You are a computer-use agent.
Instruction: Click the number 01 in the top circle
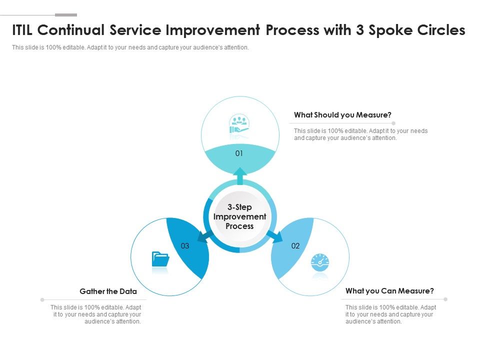[x=239, y=153]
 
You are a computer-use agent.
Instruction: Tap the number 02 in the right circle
[x=295, y=245]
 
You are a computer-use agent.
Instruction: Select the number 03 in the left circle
[x=185, y=245]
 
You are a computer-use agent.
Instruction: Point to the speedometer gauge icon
[x=320, y=262]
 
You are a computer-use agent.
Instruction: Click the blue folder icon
[x=160, y=259]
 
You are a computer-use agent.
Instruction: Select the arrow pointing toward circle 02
[x=273, y=235]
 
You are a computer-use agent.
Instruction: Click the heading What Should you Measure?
[x=342, y=115]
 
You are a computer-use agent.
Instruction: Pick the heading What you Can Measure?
[x=389, y=291]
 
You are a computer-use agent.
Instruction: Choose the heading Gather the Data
[x=108, y=291]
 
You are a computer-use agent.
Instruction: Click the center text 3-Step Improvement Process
[x=239, y=216]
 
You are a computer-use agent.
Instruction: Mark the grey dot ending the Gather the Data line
[x=42, y=300]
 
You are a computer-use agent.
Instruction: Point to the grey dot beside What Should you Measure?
[x=394, y=123]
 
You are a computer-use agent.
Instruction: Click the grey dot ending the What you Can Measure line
[x=445, y=299]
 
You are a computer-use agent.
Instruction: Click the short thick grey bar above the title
[x=65, y=15]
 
